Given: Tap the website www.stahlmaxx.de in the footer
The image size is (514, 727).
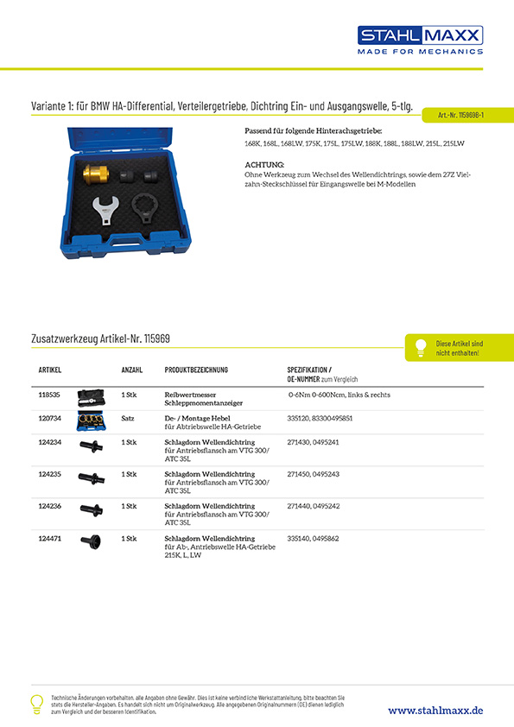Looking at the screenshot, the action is (x=435, y=710).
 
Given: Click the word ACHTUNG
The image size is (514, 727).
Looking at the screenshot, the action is (x=264, y=164).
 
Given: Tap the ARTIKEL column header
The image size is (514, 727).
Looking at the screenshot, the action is (x=50, y=370).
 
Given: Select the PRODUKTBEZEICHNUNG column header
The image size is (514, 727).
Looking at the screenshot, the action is (x=196, y=370).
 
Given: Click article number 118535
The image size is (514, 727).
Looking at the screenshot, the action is (x=50, y=394).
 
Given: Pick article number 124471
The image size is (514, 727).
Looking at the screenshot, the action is (x=50, y=538).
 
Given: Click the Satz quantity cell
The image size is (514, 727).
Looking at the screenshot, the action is (x=128, y=418).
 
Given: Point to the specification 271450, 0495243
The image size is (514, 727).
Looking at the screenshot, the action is (x=320, y=474).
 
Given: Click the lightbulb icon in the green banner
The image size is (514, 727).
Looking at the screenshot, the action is (x=421, y=347).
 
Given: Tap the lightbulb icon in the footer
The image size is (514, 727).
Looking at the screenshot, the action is (x=36, y=703).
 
